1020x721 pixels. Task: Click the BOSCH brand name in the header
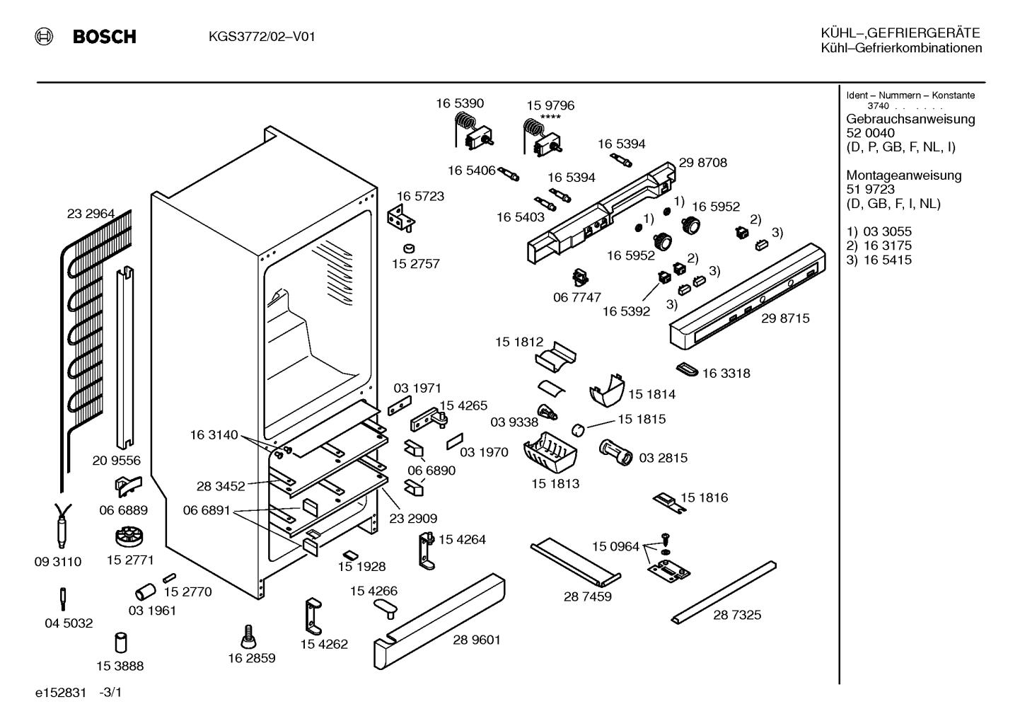[x=104, y=36]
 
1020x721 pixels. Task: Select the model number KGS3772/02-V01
[x=262, y=36]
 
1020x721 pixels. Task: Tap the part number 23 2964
[x=91, y=214]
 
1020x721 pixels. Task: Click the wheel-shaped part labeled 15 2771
[x=129, y=536]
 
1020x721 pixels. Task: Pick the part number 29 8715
[x=785, y=318]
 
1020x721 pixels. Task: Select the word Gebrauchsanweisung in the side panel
[x=911, y=120]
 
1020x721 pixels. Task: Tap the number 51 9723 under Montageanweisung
[x=870, y=190]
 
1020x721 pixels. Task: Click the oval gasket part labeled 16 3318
[x=687, y=369]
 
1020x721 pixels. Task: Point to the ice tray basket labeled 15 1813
[x=550, y=453]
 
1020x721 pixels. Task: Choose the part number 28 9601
[x=477, y=640]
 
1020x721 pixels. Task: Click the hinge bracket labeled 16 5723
[x=401, y=218]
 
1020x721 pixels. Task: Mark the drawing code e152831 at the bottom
[x=61, y=693]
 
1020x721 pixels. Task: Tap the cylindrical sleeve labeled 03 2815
[x=616, y=452]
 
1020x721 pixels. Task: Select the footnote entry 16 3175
[x=888, y=246]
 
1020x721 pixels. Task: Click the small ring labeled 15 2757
[x=409, y=248]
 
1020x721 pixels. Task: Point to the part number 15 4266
[x=374, y=591]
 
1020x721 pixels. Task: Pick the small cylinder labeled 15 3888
[x=120, y=642]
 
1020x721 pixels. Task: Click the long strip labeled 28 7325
[x=724, y=592]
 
